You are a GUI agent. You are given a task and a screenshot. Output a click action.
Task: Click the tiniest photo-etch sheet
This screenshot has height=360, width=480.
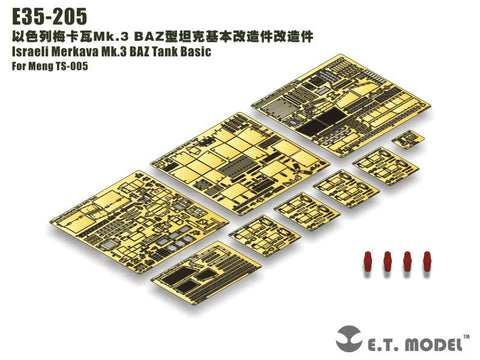tap(406, 141)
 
